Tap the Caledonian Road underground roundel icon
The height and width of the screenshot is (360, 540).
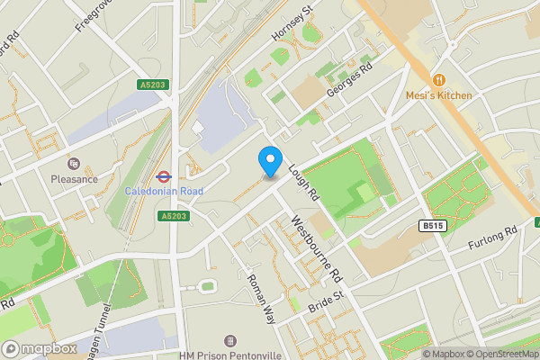click(x=164, y=176)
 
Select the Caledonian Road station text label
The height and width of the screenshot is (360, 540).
click(x=164, y=192)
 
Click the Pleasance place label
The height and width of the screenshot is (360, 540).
click(x=74, y=179)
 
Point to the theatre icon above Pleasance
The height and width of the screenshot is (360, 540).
click(x=74, y=164)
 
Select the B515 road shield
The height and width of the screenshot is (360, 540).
click(x=433, y=228)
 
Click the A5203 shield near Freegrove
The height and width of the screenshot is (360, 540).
click(x=152, y=85)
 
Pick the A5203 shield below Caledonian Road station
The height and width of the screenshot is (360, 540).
click(x=174, y=216)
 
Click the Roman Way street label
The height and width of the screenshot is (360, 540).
click(x=261, y=298)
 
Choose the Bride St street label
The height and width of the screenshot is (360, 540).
click(x=327, y=297)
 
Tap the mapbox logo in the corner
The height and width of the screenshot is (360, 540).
click(x=40, y=348)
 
